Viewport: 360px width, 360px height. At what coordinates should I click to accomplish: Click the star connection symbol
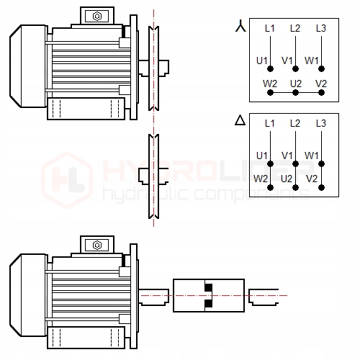pyautogui.click(x=240, y=26)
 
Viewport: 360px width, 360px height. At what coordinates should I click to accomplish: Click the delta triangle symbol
pyautogui.click(x=240, y=120)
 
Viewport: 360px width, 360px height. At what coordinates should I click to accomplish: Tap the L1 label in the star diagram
pyautogui.click(x=270, y=28)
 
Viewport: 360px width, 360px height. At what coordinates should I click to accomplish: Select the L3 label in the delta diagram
pyautogui.click(x=321, y=123)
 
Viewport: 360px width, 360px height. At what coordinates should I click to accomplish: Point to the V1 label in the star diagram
pyautogui.click(x=287, y=60)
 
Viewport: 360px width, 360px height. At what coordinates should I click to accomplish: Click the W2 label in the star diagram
pyautogui.click(x=270, y=84)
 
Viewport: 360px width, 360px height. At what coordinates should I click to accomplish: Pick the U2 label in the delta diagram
pyautogui.click(x=287, y=179)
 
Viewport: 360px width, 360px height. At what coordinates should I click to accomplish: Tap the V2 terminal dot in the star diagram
pyautogui.click(x=321, y=92)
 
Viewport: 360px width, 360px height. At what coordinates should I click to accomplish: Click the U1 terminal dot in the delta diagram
pyautogui.click(x=270, y=164)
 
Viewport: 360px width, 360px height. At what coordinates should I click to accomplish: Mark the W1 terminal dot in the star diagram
pyautogui.click(x=321, y=69)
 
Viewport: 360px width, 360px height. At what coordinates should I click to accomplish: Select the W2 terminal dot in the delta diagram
pyautogui.click(x=270, y=188)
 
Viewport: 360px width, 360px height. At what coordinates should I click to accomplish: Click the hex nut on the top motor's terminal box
pyautogui.click(x=97, y=17)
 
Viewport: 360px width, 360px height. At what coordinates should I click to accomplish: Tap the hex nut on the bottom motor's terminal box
pyautogui.click(x=97, y=246)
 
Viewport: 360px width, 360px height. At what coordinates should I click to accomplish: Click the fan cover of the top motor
pyautogui.click(x=28, y=66)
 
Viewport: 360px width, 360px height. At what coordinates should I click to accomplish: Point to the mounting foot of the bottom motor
pyautogui.click(x=86, y=338)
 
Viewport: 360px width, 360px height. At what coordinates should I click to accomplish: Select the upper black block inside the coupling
pyautogui.click(x=209, y=287)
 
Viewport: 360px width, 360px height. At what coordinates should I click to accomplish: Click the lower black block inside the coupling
pyautogui.click(x=209, y=304)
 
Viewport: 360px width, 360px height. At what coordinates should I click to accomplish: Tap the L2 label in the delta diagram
pyautogui.click(x=295, y=123)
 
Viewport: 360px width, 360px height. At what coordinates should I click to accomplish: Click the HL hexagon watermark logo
pyautogui.click(x=67, y=180)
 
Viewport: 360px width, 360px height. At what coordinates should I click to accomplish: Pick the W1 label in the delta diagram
pyautogui.click(x=312, y=156)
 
